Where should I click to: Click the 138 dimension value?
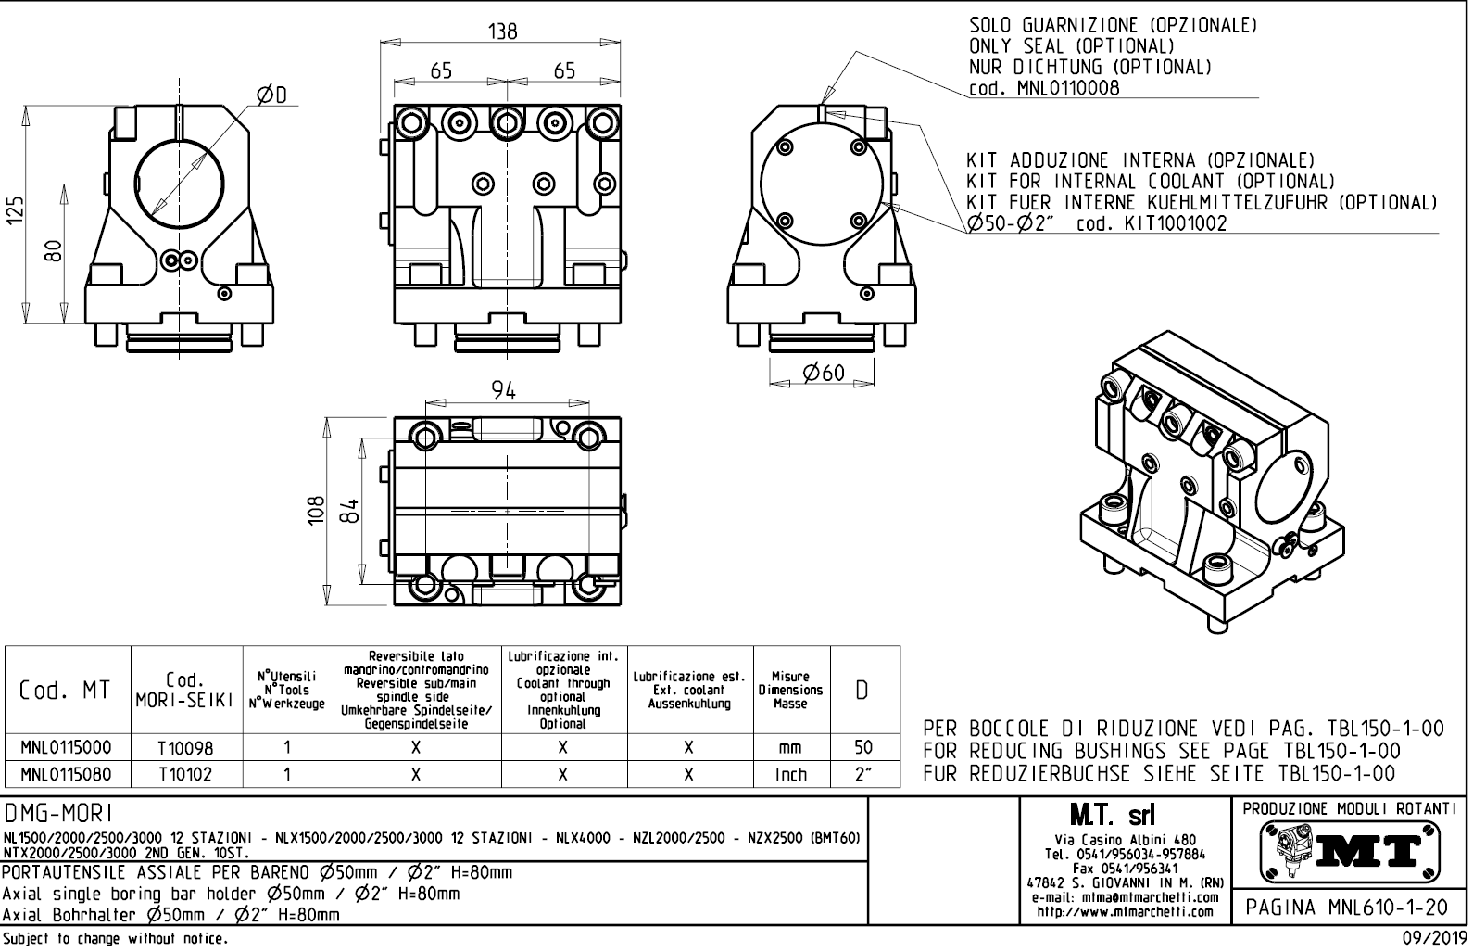coord(502,32)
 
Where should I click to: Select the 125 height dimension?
coord(15,209)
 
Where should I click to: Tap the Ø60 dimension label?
coord(824,373)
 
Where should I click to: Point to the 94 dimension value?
coord(504,390)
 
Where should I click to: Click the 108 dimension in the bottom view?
coord(316,511)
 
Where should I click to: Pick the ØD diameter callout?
coord(272,95)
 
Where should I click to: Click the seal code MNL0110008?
coord(1068,88)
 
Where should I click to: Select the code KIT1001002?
coord(1176,223)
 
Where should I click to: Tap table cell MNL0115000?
coord(67,748)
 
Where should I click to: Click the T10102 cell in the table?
coord(185,775)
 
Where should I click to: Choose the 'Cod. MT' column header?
coord(65,691)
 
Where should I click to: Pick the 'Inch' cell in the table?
coord(791,775)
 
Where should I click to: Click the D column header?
coord(862,691)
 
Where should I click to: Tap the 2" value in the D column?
coord(863,774)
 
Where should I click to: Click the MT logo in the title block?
coord(1350,852)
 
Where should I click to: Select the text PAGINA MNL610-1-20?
coord(1346,908)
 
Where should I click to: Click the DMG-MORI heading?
coord(58,815)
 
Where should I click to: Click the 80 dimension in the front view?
coord(54,251)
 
